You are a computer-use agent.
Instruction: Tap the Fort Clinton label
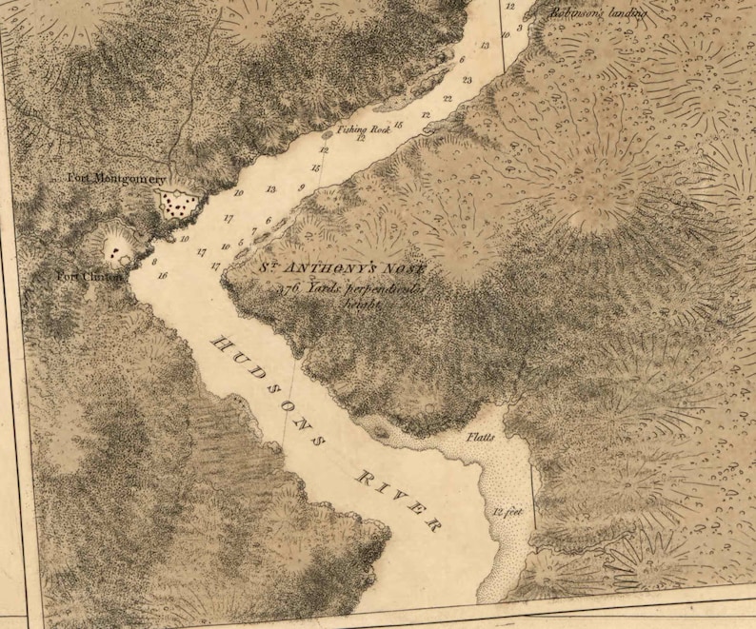89,277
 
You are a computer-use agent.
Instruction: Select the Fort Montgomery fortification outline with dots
178,202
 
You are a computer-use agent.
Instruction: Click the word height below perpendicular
363,305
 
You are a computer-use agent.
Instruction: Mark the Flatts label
481,438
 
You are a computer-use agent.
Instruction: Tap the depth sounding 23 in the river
467,80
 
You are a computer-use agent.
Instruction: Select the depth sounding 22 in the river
447,99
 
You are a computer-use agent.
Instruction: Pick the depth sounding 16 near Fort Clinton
164,275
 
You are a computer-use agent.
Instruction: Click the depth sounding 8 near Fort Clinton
154,261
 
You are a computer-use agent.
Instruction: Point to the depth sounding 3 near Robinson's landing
519,29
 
